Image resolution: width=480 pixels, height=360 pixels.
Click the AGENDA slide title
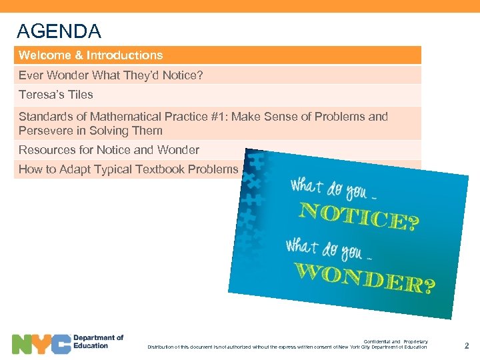(59, 31)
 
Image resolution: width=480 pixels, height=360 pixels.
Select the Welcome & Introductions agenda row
(91, 55)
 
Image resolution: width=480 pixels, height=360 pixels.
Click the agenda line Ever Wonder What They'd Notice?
(111, 75)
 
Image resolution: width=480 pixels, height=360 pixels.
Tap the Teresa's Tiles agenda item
(56, 95)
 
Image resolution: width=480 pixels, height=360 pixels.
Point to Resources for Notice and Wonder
(109, 150)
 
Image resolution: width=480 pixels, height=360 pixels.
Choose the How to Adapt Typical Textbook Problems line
(128, 169)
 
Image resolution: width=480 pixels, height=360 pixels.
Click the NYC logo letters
(41, 344)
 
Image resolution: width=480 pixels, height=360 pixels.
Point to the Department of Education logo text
(98, 342)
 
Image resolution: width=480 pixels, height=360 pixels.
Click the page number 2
(466, 346)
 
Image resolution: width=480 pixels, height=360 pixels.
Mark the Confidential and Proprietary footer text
(395, 341)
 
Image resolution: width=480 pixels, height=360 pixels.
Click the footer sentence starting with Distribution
(287, 347)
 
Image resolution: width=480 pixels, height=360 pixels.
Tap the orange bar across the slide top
(240, 6)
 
